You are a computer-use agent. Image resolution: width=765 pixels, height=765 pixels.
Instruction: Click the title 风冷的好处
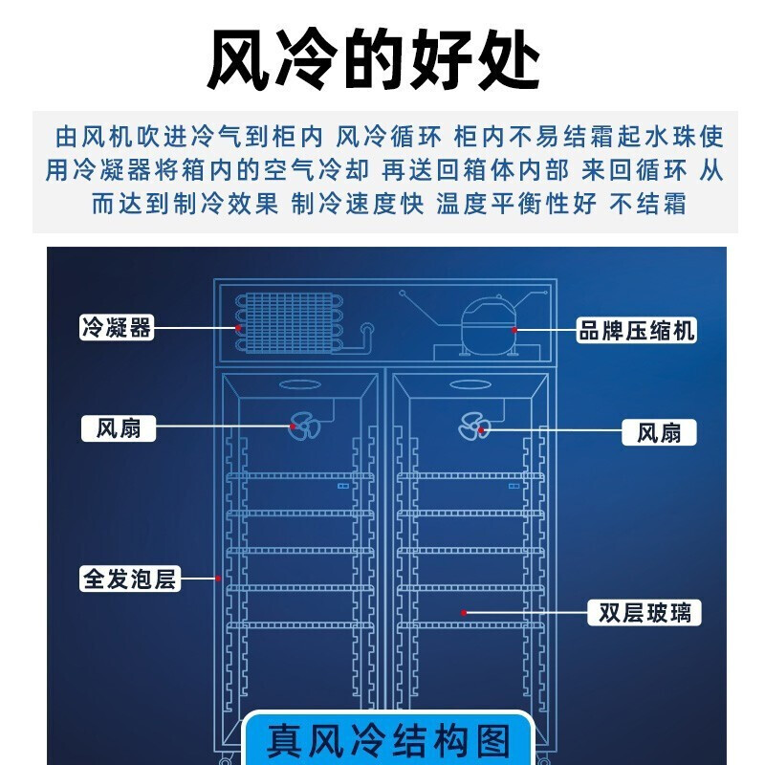[373, 59]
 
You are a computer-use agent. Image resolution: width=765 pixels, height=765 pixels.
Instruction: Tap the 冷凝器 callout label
[117, 327]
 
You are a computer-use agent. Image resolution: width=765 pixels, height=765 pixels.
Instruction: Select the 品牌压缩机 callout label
[636, 330]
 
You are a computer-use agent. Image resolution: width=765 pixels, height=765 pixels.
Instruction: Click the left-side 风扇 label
[119, 428]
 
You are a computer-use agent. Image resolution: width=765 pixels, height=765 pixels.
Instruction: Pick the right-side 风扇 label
[659, 432]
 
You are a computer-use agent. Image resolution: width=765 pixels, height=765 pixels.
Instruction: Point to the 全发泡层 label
[130, 579]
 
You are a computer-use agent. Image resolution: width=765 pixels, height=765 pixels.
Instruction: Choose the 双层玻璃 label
[645, 613]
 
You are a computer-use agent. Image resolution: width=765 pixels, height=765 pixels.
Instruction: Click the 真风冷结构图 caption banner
[387, 739]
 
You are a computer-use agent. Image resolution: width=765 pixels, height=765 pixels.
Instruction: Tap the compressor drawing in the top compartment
[489, 326]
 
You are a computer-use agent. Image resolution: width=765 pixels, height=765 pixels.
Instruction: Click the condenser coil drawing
[290, 322]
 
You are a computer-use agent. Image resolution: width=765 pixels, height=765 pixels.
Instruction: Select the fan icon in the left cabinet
[304, 426]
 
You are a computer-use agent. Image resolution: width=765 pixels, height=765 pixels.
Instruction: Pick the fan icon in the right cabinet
[473, 426]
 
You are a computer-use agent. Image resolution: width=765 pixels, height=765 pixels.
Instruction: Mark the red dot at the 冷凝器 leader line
[238, 328]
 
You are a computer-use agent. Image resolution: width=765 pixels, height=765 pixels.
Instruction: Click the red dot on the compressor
[514, 330]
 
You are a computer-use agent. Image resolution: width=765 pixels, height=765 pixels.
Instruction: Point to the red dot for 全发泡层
[218, 579]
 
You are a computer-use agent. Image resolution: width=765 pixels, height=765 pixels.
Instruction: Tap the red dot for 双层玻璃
[464, 613]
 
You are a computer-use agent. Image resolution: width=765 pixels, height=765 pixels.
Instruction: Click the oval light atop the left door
[300, 385]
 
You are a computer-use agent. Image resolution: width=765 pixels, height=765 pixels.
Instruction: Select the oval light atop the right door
[470, 385]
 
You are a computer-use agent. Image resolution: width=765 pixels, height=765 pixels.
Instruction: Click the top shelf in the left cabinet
[300, 476]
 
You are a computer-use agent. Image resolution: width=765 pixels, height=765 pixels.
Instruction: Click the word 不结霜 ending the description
[648, 204]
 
